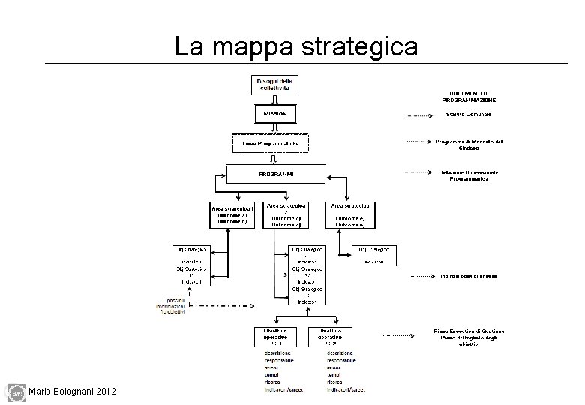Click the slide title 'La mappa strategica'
(296, 46)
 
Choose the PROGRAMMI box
(276, 174)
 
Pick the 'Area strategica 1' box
(232, 214)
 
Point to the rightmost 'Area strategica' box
(349, 214)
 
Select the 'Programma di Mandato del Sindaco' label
(468, 145)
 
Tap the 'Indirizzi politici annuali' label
(469, 276)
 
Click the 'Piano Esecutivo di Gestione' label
(469, 334)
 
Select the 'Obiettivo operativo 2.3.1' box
(276, 334)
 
